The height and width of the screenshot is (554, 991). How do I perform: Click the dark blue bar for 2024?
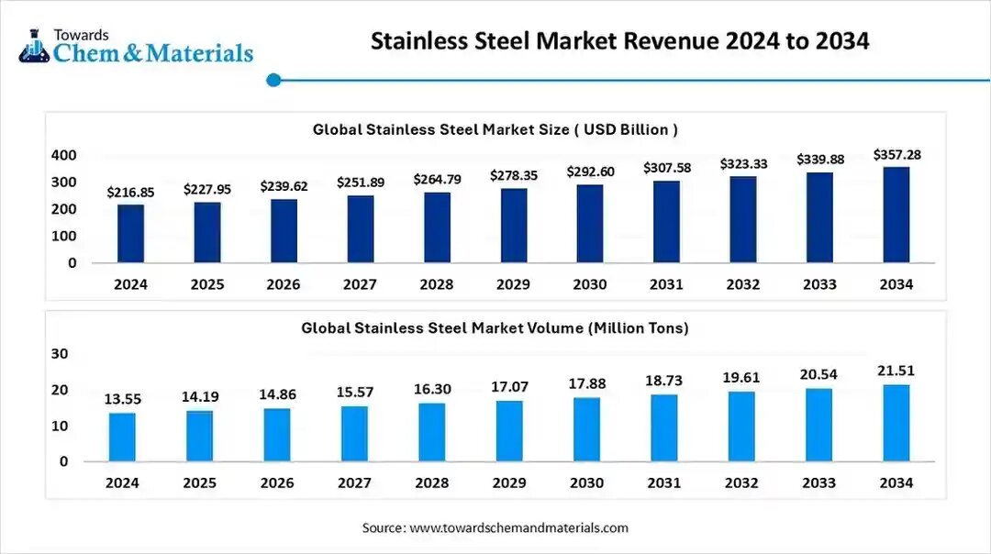tap(130, 234)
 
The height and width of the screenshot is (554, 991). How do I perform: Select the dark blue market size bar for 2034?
tap(896, 215)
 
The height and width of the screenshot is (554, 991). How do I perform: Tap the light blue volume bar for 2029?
tap(509, 431)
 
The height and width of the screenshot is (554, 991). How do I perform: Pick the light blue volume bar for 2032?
tap(741, 427)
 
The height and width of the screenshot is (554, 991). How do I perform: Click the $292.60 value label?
tap(590, 172)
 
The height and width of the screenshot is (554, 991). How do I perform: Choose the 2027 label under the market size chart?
tap(360, 284)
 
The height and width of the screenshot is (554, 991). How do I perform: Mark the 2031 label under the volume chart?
tap(663, 482)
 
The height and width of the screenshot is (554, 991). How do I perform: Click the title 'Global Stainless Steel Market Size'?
tap(495, 130)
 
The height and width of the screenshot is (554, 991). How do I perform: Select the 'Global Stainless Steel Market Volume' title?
tap(495, 327)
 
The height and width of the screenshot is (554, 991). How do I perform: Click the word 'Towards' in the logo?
tap(81, 34)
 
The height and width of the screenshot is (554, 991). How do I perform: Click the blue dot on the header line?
tap(273, 81)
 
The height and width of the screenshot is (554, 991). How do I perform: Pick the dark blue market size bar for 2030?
tap(590, 224)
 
